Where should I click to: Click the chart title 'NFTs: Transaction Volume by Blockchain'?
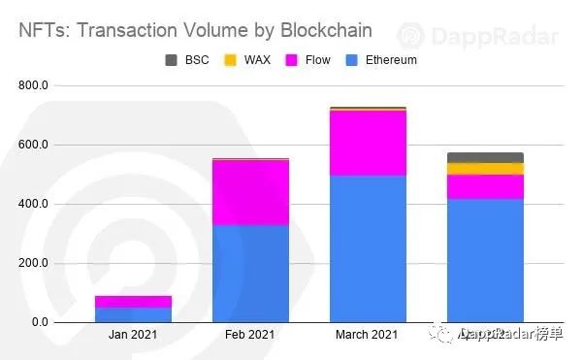pyautogui.click(x=195, y=29)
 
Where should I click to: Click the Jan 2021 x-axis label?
pyautogui.click(x=133, y=336)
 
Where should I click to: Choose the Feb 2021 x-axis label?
pyautogui.click(x=250, y=336)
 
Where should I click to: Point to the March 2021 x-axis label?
pyautogui.click(x=368, y=336)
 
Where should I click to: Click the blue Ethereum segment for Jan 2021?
pyautogui.click(x=133, y=314)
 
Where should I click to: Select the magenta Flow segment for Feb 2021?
pyautogui.click(x=250, y=192)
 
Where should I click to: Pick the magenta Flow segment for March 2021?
pyautogui.click(x=368, y=144)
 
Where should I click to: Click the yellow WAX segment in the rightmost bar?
pyautogui.click(x=485, y=169)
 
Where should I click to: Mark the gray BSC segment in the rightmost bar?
pyautogui.click(x=485, y=157)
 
